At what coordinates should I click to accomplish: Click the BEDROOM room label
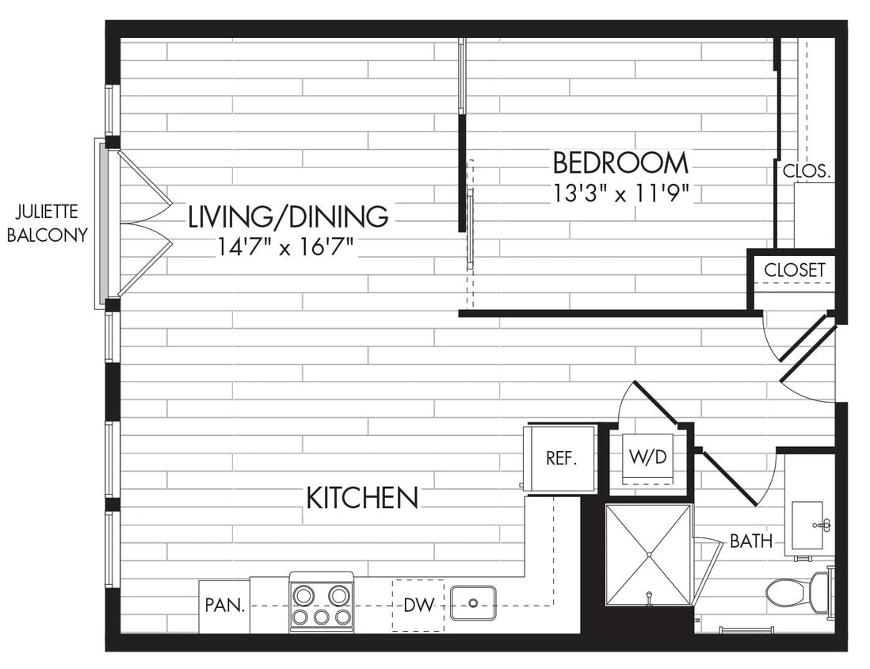pyautogui.click(x=620, y=163)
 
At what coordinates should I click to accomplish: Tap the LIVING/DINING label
pyautogui.click(x=288, y=216)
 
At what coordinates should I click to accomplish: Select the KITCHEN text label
pyautogui.click(x=362, y=498)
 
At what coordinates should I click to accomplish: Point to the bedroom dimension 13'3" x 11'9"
pyautogui.click(x=621, y=192)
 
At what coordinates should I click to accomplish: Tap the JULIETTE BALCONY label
pyautogui.click(x=47, y=224)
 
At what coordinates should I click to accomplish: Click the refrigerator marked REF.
pyautogui.click(x=561, y=458)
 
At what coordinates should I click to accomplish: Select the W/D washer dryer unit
pyautogui.click(x=647, y=459)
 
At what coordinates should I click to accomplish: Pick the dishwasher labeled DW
pyautogui.click(x=418, y=606)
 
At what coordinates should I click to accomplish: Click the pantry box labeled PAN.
pyautogui.click(x=223, y=606)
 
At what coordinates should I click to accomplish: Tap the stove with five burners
pyautogui.click(x=321, y=602)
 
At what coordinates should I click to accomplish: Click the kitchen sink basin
pyautogui.click(x=473, y=603)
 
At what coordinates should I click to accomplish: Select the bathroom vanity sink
pyautogui.click(x=808, y=525)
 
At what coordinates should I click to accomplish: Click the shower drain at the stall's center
pyautogui.click(x=648, y=553)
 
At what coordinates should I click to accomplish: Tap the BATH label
pyautogui.click(x=750, y=542)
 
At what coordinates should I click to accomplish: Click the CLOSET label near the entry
pyautogui.click(x=794, y=270)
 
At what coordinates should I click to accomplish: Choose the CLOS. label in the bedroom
pyautogui.click(x=806, y=170)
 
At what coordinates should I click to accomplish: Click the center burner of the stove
pyautogui.click(x=321, y=616)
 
